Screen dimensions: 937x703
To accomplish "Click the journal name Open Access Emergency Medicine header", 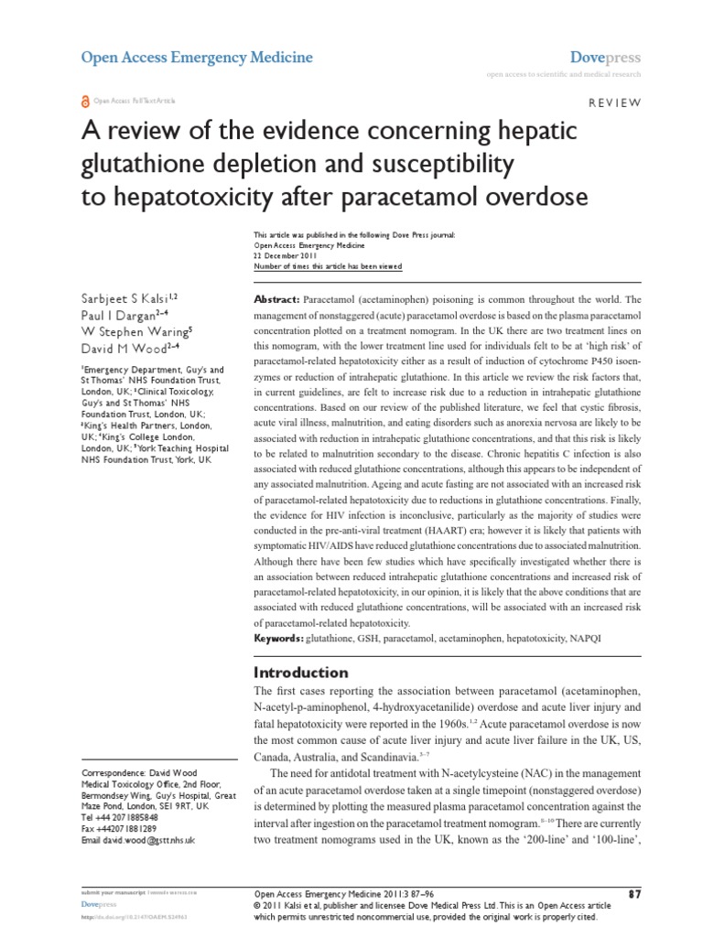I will tap(197, 58).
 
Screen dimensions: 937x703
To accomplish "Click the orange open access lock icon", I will tap(86, 102).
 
